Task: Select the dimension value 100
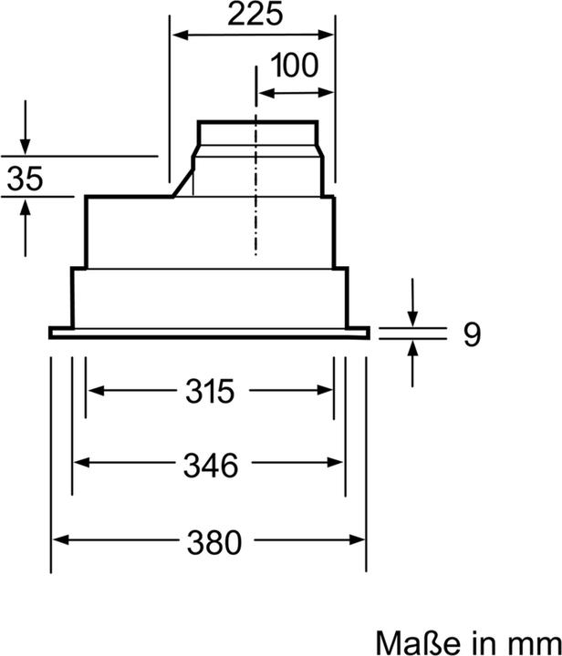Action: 295,67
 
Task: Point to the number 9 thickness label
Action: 471,334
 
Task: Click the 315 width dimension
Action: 209,392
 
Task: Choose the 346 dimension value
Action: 209,465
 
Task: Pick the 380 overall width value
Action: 209,543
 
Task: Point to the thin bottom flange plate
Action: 209,333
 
